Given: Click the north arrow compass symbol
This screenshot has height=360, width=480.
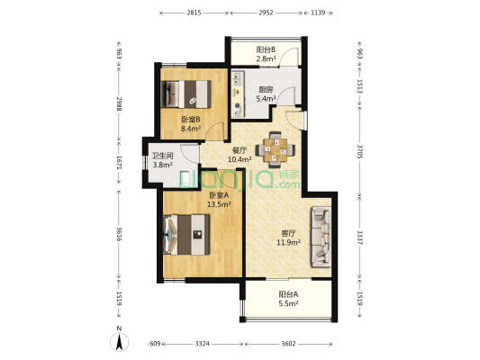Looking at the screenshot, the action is pos(120,341).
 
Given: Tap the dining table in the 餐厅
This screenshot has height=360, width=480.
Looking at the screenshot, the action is pos(276,150).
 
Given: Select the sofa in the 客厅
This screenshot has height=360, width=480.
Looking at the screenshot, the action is pos(322,237).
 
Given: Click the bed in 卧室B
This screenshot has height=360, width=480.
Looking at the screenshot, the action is pos(186,94).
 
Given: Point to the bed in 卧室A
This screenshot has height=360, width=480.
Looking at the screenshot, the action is pos(186,235).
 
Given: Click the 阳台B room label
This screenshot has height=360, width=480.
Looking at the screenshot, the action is pos(266,49).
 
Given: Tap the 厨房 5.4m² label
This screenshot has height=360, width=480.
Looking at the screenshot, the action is pos(266,94).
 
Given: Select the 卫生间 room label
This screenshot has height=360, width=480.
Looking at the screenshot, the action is pos(162,156).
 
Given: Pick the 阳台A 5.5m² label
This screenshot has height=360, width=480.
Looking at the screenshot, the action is pos(288,299).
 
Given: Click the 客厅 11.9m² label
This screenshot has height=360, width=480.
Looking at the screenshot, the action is pos(288,238).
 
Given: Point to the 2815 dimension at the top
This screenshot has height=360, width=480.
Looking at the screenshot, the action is pos(194,13).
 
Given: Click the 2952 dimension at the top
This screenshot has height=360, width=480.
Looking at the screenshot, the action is pos(266,13).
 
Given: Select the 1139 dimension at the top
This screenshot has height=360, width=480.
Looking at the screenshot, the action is pos(318,13).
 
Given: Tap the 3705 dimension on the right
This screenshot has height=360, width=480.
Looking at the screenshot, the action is pos(360,151).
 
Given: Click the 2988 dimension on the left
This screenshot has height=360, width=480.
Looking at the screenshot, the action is pos(120,103).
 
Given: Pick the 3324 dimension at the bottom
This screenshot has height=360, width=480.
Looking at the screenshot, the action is pos(203,344).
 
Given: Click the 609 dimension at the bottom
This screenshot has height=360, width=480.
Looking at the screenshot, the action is pos(155,344).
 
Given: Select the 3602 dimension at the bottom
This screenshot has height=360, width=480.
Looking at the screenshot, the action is pos(288,344).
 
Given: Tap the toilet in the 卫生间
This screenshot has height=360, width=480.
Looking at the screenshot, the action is pos(185,178).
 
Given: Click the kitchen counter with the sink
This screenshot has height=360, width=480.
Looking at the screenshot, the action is pos(238,94).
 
